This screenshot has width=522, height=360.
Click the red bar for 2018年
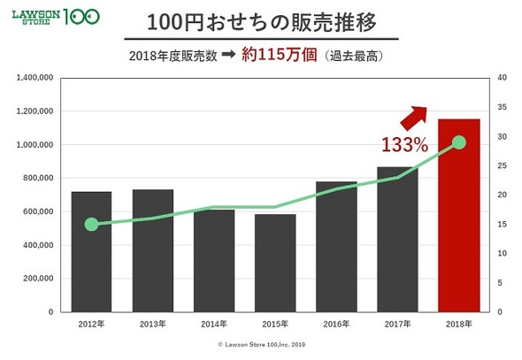tap(459, 216)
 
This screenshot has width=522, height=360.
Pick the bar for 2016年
tap(336, 247)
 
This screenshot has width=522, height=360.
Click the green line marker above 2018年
tap(459, 142)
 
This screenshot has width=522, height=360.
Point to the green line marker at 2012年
tap(91, 225)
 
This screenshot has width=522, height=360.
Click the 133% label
tap(405, 143)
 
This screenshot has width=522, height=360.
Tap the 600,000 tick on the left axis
tap(38, 211)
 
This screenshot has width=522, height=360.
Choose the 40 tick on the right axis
tap(502, 78)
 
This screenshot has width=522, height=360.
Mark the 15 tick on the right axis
tap(502, 225)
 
